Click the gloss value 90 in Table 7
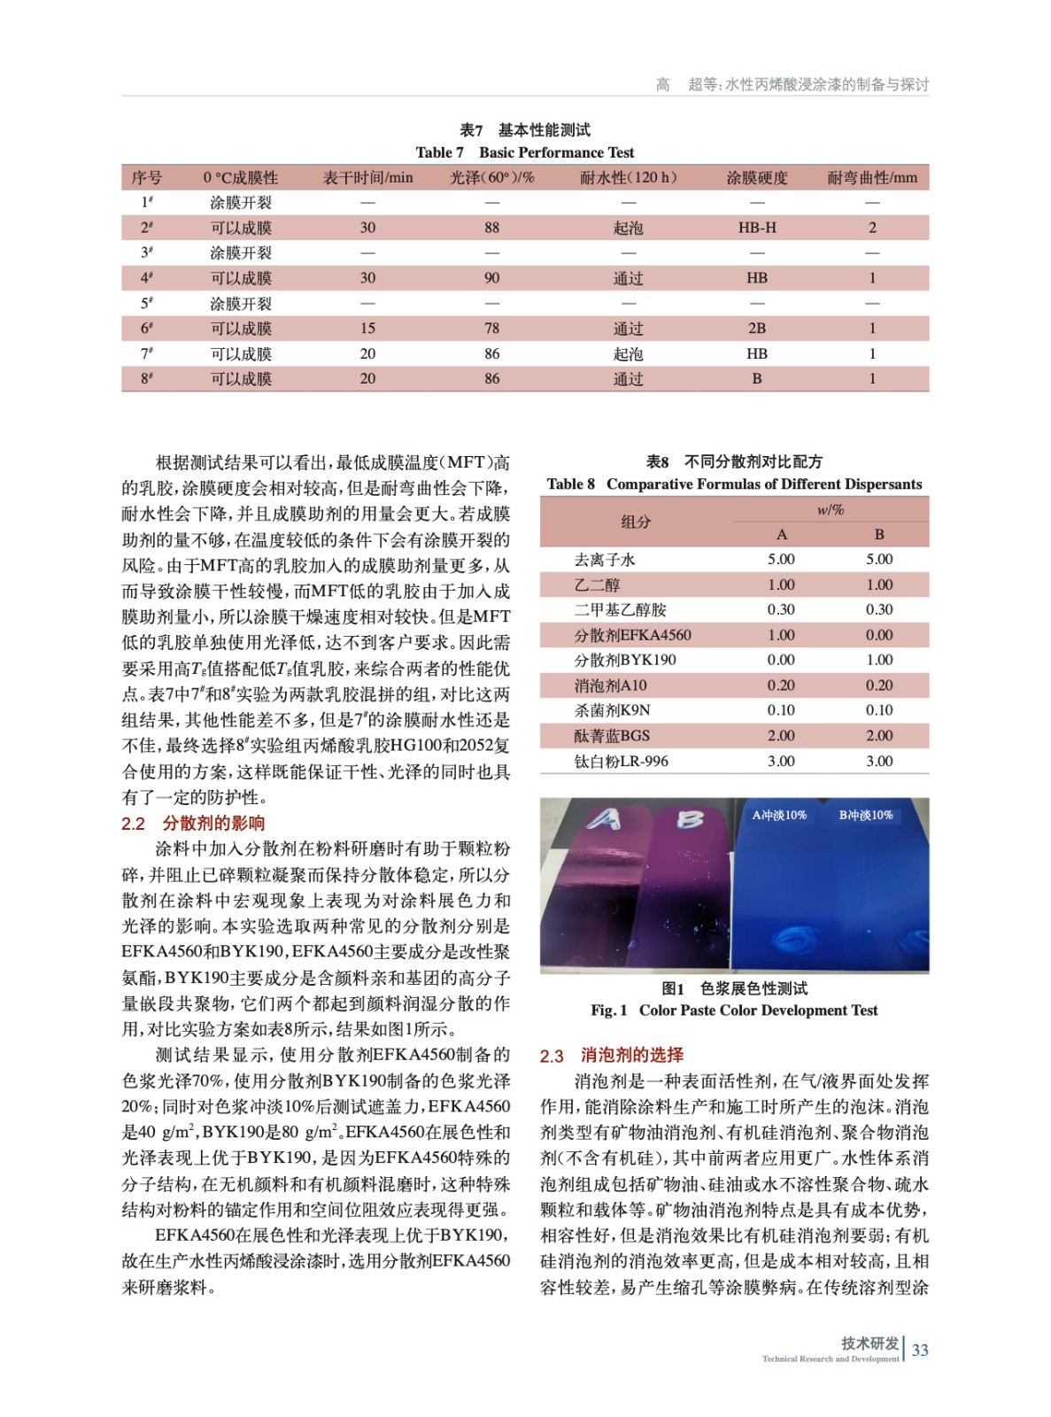(x=491, y=278)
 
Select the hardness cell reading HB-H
(x=757, y=228)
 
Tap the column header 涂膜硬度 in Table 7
(x=757, y=178)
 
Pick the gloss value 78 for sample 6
(x=491, y=329)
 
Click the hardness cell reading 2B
(x=757, y=329)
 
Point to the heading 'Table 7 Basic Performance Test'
(x=525, y=152)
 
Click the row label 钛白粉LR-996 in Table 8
(x=621, y=761)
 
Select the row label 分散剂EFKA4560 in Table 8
(x=632, y=635)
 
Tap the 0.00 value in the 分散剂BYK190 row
(x=781, y=660)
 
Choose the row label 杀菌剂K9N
(x=612, y=710)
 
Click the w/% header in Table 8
(x=830, y=510)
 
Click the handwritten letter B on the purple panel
(x=690, y=820)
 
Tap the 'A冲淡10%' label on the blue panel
(x=779, y=815)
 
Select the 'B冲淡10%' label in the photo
(x=866, y=815)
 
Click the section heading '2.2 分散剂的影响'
(x=193, y=824)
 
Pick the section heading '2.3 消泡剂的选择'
(x=612, y=1055)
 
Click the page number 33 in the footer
(x=920, y=1350)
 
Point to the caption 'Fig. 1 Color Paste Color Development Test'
(x=734, y=1010)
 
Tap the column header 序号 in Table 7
(x=147, y=178)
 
